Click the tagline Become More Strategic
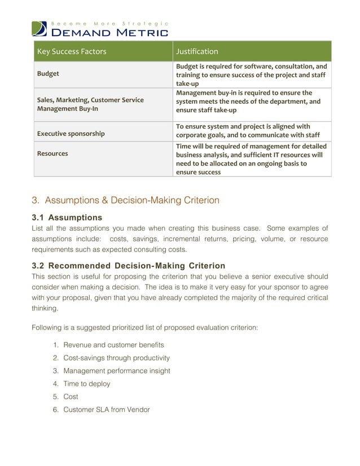109,23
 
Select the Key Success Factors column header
71,51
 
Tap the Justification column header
197,51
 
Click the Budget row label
48,74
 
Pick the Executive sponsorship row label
71,134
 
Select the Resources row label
52,153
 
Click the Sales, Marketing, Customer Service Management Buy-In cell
90,104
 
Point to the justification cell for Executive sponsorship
248,131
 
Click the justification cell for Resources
251,159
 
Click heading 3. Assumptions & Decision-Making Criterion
125,200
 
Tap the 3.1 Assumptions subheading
67,218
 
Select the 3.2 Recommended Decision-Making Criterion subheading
129,266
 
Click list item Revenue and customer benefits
113,345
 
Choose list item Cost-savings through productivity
116,358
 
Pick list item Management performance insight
116,371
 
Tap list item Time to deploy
86,384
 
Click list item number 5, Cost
71,397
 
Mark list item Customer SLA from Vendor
106,410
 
